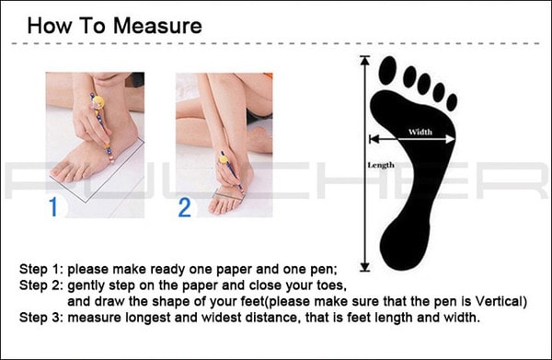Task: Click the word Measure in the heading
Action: pyautogui.click(x=157, y=26)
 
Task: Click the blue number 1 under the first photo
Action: pyautogui.click(x=53, y=207)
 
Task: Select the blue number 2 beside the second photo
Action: pyautogui.click(x=185, y=207)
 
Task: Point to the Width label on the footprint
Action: pyautogui.click(x=420, y=132)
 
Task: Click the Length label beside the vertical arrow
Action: pyautogui.click(x=381, y=165)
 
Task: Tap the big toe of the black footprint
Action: pyautogui.click(x=387, y=71)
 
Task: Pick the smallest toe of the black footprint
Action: pyautogui.click(x=452, y=102)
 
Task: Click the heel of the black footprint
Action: pyautogui.click(x=405, y=247)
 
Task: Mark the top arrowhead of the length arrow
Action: pyautogui.click(x=365, y=60)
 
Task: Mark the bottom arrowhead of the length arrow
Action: pyautogui.click(x=365, y=267)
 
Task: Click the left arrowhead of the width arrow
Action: pyautogui.click(x=374, y=139)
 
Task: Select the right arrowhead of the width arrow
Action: pyautogui.click(x=451, y=139)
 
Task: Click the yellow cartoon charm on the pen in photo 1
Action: pyautogui.click(x=98, y=103)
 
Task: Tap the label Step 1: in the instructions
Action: pyautogui.click(x=41, y=269)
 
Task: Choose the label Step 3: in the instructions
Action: pyautogui.click(x=41, y=318)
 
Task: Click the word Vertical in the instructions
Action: pyautogui.click(x=499, y=301)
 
